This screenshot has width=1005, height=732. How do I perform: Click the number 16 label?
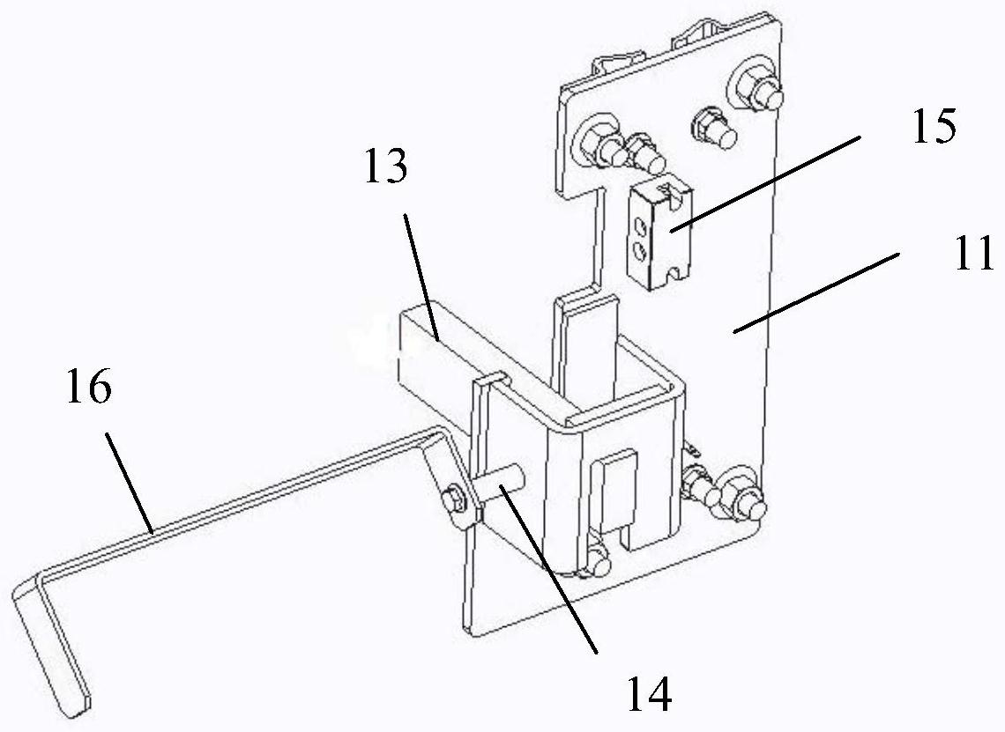[x=88, y=388]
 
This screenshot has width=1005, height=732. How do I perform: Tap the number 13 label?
[x=385, y=165]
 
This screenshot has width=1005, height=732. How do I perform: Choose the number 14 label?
[x=648, y=693]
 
